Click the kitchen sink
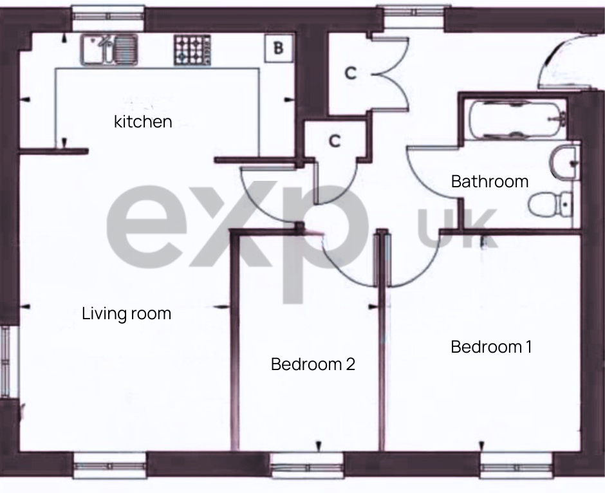[109, 50]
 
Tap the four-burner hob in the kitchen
[191, 50]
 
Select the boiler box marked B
[278, 48]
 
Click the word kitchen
[143, 122]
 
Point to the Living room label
[127, 313]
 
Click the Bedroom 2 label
[313, 364]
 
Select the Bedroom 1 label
[491, 347]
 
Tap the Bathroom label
[489, 181]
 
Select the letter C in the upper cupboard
[349, 73]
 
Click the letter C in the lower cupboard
[334, 141]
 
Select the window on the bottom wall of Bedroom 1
[517, 467]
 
